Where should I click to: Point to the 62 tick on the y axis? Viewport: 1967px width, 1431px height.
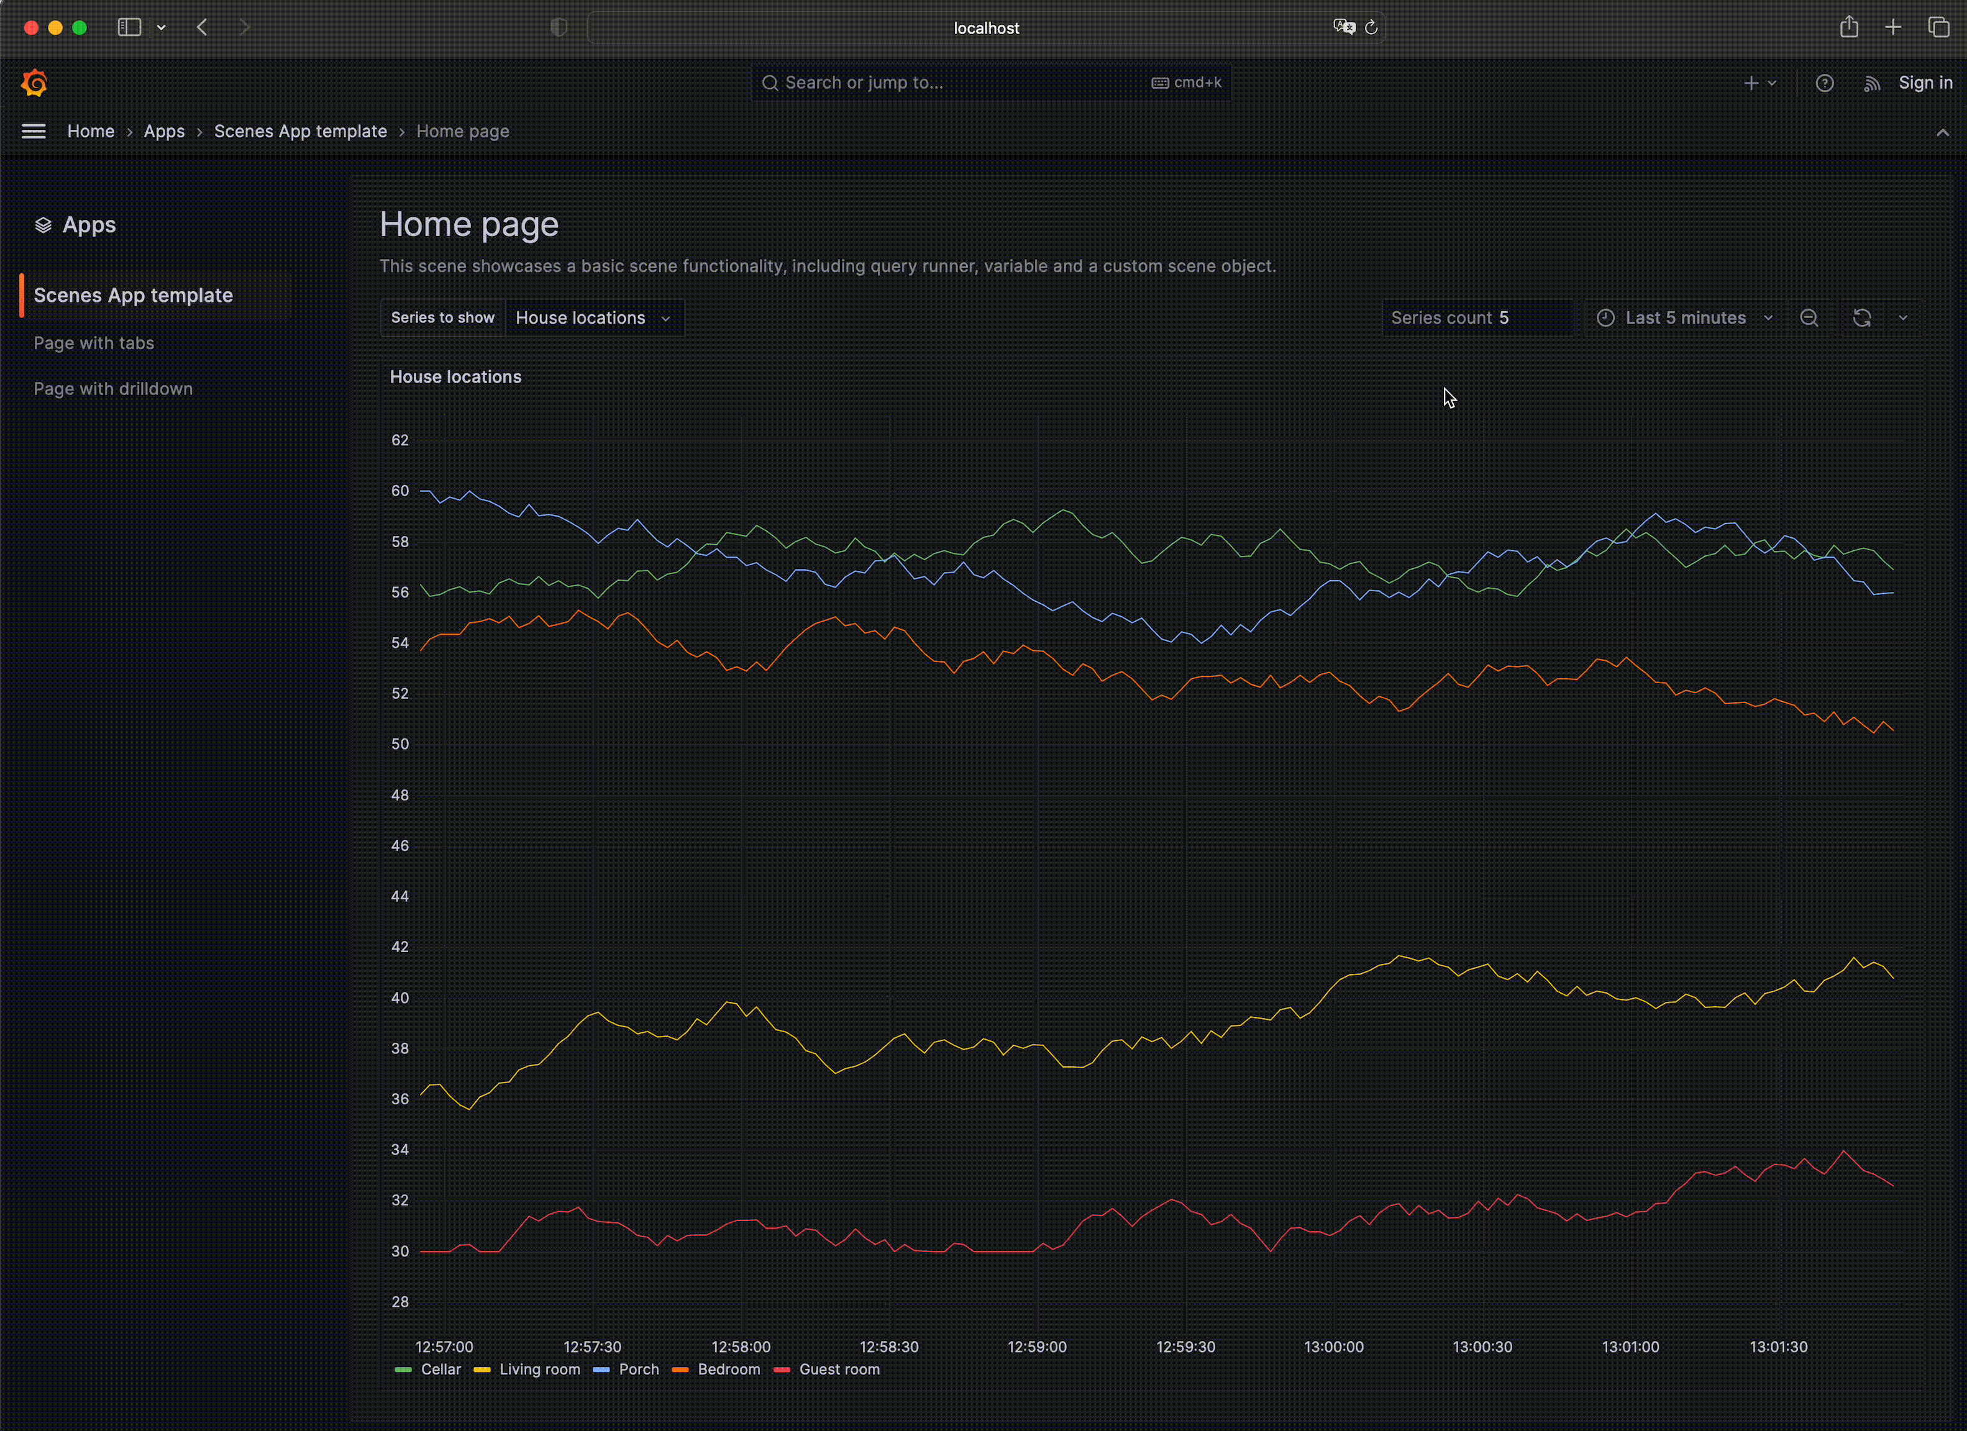point(400,440)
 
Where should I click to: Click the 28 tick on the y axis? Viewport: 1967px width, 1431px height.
point(400,1301)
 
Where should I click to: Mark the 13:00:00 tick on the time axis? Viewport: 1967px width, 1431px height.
point(1333,1347)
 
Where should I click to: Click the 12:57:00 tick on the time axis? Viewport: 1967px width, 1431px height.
point(444,1347)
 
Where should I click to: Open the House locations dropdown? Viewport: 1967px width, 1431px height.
point(594,317)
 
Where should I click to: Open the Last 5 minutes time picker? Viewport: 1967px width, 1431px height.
point(1685,317)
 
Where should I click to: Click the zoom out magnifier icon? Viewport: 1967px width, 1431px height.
point(1809,317)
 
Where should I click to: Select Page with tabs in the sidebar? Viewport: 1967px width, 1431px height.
point(94,343)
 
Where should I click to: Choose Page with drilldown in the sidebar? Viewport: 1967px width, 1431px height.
point(112,389)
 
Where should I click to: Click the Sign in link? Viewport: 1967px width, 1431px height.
point(1925,83)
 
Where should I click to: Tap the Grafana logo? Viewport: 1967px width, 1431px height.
point(34,83)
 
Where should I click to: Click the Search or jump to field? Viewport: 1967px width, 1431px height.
point(954,83)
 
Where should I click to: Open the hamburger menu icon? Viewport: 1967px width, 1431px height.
point(34,131)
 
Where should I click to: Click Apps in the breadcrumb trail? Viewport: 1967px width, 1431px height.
point(164,131)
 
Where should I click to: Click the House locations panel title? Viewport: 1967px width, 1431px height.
point(455,376)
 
